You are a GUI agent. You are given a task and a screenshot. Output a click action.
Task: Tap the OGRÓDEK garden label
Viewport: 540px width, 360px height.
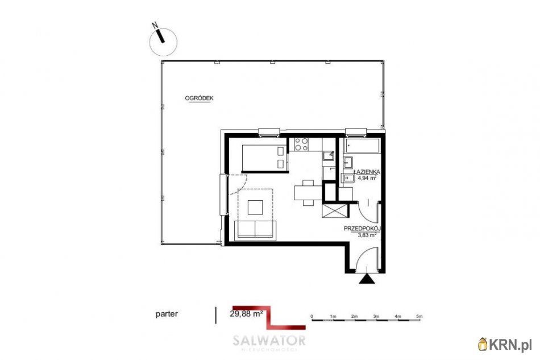coord(199,98)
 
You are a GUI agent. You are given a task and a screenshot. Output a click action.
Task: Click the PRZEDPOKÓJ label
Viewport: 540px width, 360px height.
coord(362,228)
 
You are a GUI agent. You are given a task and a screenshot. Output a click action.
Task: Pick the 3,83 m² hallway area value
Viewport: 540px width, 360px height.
coord(367,234)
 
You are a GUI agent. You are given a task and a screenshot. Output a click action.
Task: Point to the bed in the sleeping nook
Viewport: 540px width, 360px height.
coord(263,158)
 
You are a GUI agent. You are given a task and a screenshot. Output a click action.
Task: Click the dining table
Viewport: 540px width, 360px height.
coord(307,192)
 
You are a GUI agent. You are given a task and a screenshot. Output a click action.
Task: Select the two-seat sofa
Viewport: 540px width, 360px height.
coord(255,229)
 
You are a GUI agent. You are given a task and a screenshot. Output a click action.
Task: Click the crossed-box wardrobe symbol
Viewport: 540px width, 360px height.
coord(333,210)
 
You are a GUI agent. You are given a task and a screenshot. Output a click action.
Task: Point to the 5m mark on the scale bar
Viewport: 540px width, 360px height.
coord(419,316)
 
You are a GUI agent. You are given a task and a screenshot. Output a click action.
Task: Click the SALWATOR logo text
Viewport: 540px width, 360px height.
coord(269,341)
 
